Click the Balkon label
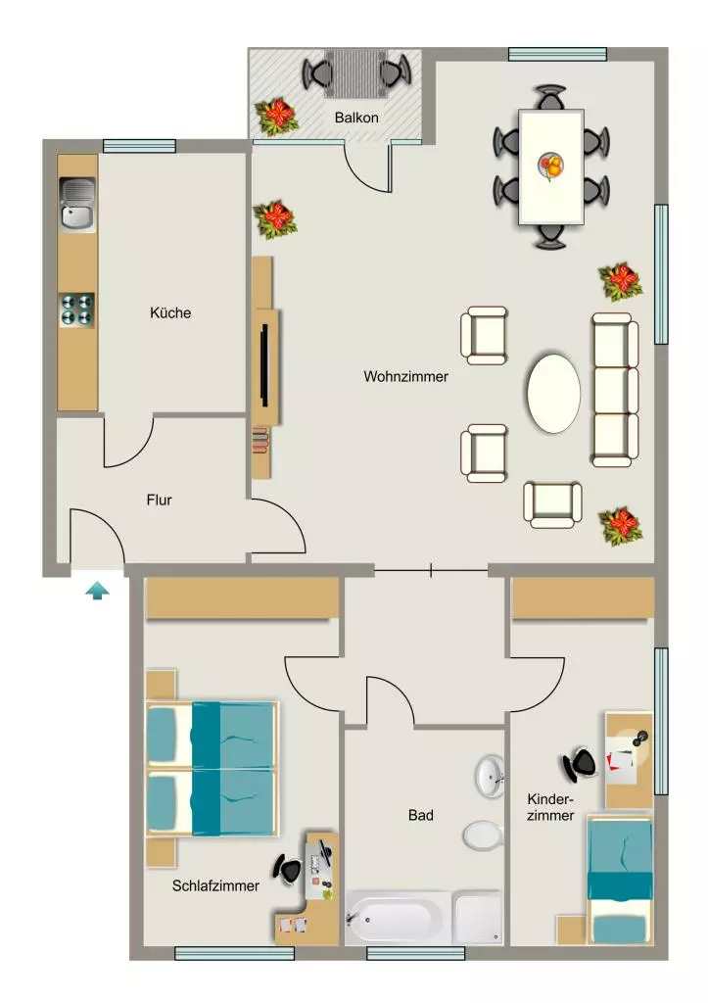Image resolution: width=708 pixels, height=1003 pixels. pyautogui.click(x=356, y=118)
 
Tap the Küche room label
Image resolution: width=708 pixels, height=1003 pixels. pyautogui.click(x=170, y=312)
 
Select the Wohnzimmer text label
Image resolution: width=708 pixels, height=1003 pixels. pyautogui.click(x=405, y=377)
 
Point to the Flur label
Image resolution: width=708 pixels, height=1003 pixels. pyautogui.click(x=160, y=500)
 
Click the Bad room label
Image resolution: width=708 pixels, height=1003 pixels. pyautogui.click(x=421, y=815)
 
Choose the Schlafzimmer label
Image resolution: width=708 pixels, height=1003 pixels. pyautogui.click(x=215, y=885)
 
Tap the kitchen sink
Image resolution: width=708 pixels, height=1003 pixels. pyautogui.click(x=77, y=205)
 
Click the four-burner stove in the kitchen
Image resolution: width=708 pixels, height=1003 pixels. pyautogui.click(x=77, y=310)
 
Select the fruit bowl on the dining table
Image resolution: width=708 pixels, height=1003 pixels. pyautogui.click(x=551, y=167)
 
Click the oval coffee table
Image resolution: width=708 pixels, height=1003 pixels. pyautogui.click(x=554, y=392)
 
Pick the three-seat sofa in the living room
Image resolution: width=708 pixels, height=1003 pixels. pyautogui.click(x=615, y=390)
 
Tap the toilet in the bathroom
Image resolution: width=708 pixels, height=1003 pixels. pyautogui.click(x=483, y=836)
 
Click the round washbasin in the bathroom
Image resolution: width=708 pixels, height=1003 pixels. pyautogui.click(x=490, y=777)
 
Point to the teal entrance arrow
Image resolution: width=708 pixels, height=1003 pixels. pyautogui.click(x=97, y=591)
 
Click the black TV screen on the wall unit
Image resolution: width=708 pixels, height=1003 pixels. pyautogui.click(x=264, y=364)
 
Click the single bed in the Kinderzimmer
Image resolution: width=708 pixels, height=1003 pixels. pyautogui.click(x=620, y=881)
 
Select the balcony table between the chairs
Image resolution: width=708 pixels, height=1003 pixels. pyautogui.click(x=356, y=72)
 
